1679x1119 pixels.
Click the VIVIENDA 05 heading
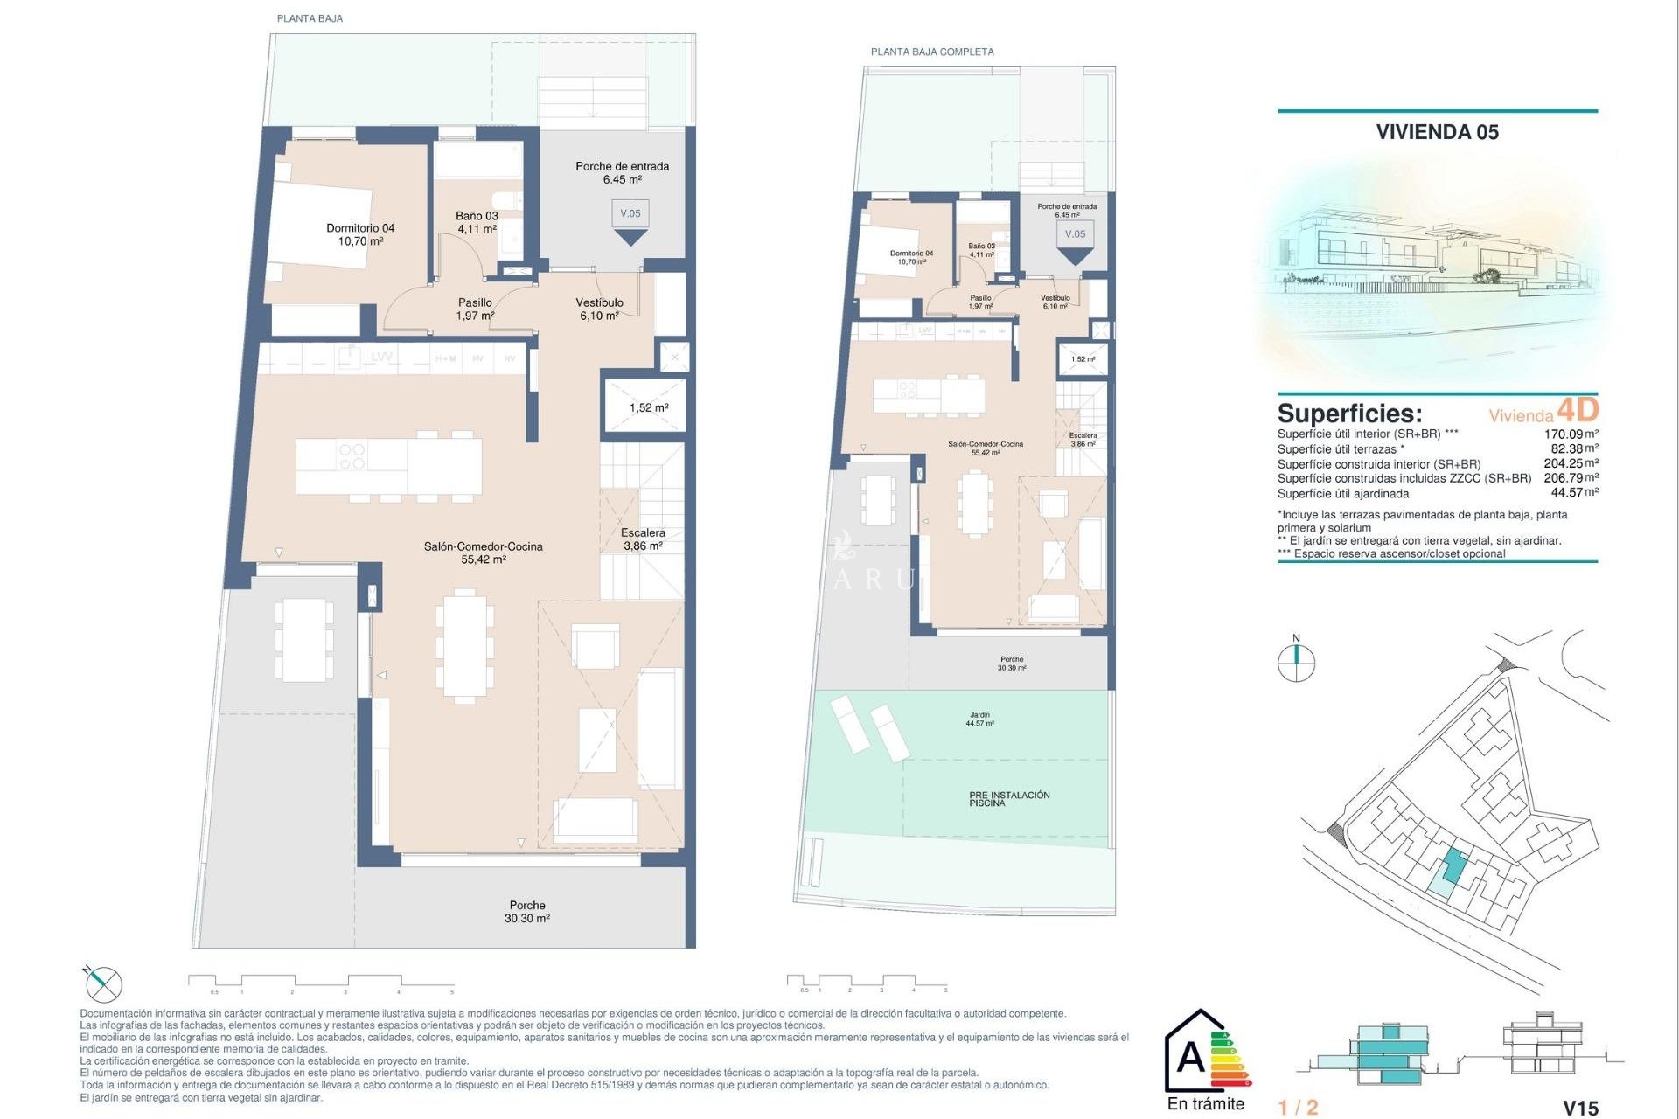1437,132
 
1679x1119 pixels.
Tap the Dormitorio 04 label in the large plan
360,234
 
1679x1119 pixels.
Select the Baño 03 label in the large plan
477,222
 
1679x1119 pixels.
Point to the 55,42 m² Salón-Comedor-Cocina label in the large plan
483,553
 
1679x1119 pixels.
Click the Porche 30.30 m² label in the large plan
526,912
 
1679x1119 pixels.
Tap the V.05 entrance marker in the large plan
630,214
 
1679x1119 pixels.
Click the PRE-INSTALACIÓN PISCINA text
1008,799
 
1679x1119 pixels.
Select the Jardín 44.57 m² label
979,719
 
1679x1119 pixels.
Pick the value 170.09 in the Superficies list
1563,434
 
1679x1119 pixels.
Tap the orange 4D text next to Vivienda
1578,409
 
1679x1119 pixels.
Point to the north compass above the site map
1296,663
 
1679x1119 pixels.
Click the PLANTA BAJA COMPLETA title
932,52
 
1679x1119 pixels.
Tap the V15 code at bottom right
1580,1108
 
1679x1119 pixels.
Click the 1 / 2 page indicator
1298,1108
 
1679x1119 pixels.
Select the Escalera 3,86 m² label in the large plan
643,539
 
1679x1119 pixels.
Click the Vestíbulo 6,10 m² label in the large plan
599,309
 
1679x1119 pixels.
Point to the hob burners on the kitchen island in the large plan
352,455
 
